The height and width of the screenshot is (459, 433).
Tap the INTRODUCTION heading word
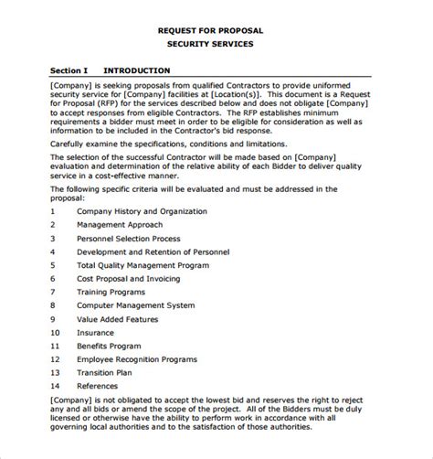[x=136, y=69]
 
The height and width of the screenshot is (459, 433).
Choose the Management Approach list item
[x=120, y=224]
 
